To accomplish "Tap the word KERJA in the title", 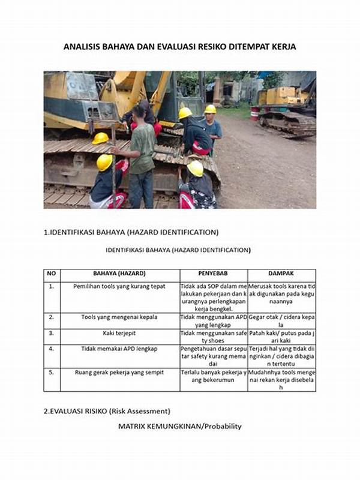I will tap(283, 47).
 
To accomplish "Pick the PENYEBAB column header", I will tap(214, 274).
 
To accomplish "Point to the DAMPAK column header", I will tap(281, 274).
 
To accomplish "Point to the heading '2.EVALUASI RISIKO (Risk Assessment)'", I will tap(107, 411).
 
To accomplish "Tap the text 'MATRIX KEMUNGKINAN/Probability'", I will tap(179, 427).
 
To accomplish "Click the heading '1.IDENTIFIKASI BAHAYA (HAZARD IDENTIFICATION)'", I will tap(131, 232).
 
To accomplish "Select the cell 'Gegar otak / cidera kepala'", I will tap(281, 320).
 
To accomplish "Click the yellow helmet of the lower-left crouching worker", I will tap(104, 162).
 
